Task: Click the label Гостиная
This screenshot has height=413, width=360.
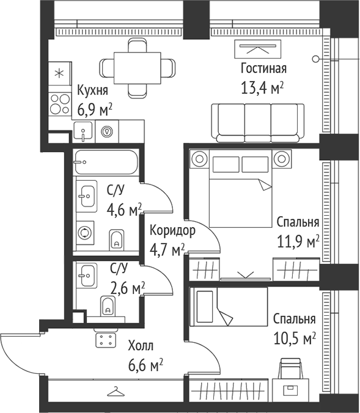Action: pos(263,68)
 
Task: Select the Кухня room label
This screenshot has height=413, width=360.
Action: pos(93,92)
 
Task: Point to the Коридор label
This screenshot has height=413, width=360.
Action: pos(172,231)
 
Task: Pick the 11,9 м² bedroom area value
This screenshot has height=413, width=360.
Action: pos(298,241)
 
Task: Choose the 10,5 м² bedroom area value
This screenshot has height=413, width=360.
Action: pos(295,337)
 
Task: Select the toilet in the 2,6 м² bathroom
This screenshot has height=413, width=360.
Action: pos(108,307)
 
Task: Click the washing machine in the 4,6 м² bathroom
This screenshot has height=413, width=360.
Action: pos(85,233)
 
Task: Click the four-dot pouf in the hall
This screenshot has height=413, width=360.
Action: pos(106,341)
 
